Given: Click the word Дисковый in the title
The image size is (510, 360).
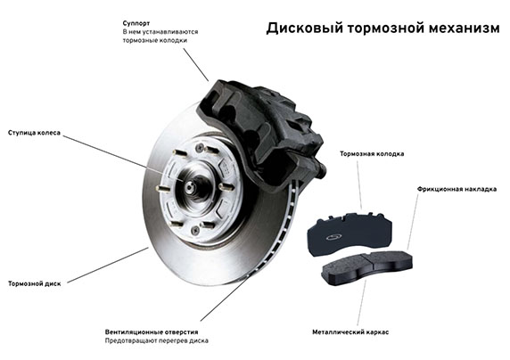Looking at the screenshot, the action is (305, 28).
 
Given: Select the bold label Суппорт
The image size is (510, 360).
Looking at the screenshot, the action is (136, 23).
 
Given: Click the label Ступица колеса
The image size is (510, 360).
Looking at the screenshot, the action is (34, 133).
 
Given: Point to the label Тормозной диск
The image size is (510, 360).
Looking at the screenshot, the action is (35, 283).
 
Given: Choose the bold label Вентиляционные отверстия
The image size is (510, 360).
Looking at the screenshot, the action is (152, 332).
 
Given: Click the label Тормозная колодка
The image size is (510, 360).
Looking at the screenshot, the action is (372, 153).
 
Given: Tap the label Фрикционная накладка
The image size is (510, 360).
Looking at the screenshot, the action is (457, 189).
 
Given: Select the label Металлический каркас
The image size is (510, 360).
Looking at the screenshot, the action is (350, 332).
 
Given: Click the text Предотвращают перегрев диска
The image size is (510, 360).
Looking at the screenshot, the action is (156, 340).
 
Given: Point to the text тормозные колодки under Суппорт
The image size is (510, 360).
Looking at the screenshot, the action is (155, 40).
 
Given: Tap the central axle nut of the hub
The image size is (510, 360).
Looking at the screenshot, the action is (190, 186).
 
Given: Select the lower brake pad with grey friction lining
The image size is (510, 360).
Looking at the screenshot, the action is (366, 267).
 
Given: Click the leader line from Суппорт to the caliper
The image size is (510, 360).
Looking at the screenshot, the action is (196, 65).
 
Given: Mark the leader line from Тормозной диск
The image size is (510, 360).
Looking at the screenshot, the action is (108, 266).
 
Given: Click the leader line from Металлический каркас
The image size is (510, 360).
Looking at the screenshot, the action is (362, 301).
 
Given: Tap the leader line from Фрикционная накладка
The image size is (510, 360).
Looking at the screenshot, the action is (413, 222).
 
